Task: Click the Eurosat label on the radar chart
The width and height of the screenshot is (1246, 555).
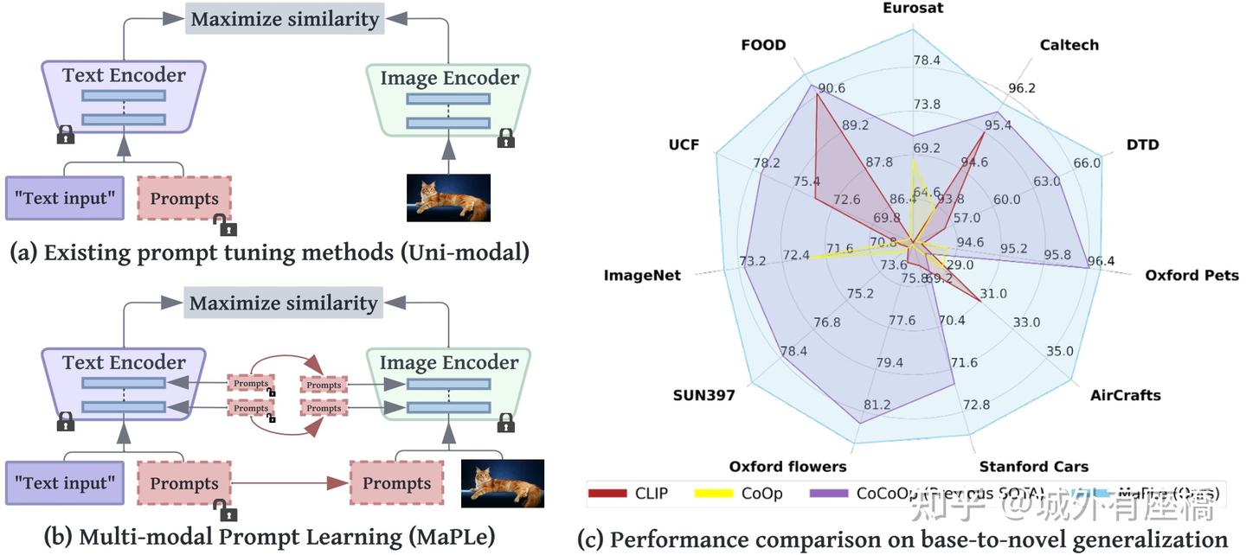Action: [x=913, y=8]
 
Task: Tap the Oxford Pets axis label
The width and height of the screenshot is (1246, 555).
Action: [x=1191, y=276]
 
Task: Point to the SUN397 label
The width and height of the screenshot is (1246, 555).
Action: [x=703, y=396]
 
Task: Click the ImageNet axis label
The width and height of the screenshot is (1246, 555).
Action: [x=642, y=276]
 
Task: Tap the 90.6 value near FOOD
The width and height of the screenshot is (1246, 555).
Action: [x=831, y=87]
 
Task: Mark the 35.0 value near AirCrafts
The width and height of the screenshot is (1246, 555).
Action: [x=1059, y=351]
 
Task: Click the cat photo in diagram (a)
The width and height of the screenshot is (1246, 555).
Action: [x=448, y=198]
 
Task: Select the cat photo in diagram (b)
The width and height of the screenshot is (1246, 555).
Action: [x=502, y=483]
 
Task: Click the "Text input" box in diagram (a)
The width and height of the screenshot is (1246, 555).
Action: [x=65, y=198]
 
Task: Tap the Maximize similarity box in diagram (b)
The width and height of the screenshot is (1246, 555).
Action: [x=284, y=303]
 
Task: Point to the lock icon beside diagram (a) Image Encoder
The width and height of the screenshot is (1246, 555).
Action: [x=506, y=137]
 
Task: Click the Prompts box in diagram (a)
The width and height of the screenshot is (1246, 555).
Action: [x=184, y=199]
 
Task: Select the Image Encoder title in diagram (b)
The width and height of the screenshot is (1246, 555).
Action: [x=449, y=362]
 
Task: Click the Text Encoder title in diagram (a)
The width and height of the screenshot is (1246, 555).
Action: [x=124, y=75]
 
